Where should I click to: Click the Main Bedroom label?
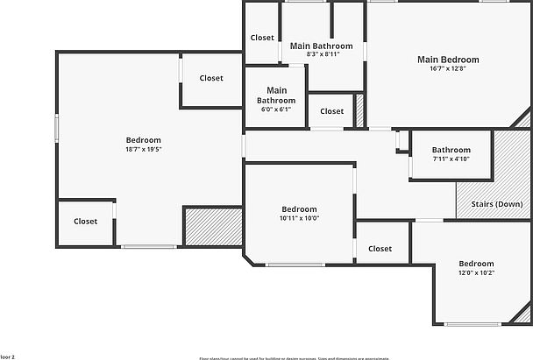click(x=448, y=60)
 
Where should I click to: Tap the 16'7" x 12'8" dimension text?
click(x=448, y=69)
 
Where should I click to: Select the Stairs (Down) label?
click(x=496, y=204)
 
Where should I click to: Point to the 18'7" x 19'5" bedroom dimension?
click(x=144, y=150)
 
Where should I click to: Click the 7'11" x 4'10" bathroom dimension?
click(x=451, y=159)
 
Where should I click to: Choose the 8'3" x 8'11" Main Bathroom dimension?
click(x=322, y=54)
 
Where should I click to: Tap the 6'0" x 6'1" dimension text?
click(x=277, y=109)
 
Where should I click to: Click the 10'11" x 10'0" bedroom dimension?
click(x=300, y=219)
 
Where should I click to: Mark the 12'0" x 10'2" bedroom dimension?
click(x=476, y=273)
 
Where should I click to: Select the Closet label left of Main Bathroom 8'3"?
click(x=262, y=38)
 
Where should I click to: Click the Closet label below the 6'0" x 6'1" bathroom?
click(x=331, y=111)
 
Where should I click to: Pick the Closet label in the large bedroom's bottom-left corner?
click(x=85, y=222)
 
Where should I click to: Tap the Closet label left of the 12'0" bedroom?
click(x=380, y=249)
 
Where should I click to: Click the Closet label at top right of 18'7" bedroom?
click(x=211, y=78)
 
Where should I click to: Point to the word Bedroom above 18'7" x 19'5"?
click(x=144, y=140)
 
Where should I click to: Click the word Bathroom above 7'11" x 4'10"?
click(x=451, y=150)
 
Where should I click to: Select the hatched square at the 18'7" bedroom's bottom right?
click(x=212, y=227)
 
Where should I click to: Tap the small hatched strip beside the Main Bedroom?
click(x=359, y=111)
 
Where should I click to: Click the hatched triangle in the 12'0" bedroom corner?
click(x=523, y=313)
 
